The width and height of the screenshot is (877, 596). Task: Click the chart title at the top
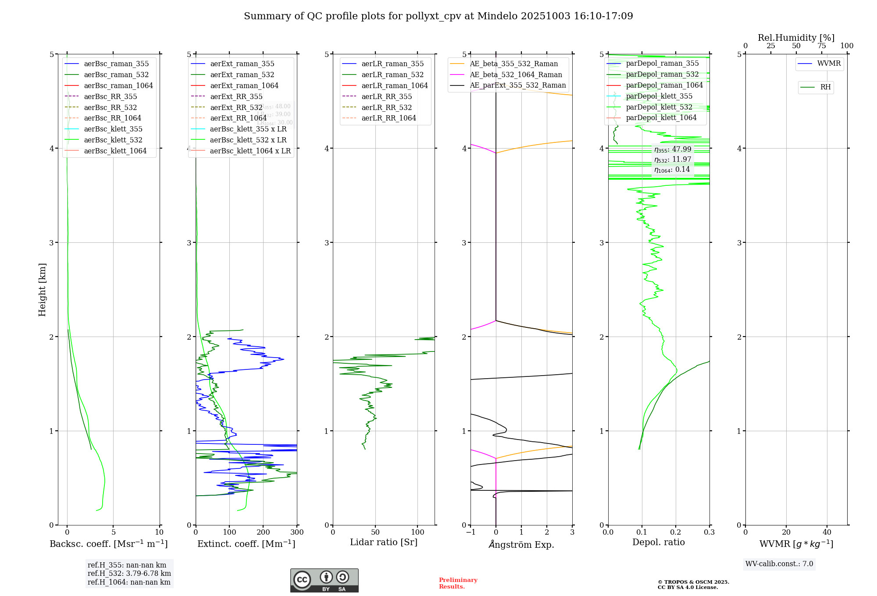point(438,16)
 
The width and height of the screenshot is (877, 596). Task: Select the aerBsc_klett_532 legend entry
point(113,140)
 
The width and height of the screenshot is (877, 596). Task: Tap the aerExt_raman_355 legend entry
point(242,64)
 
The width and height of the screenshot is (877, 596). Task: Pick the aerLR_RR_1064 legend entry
point(389,118)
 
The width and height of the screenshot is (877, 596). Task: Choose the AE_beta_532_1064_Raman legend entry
point(516,75)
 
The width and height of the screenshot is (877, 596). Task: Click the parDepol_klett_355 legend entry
point(659,96)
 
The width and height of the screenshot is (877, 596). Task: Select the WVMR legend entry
point(828,64)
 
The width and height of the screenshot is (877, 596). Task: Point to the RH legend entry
point(825,88)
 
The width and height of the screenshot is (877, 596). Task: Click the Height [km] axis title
point(42,290)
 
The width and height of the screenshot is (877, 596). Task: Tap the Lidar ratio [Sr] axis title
point(384,543)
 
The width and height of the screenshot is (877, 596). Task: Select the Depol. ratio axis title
point(658,543)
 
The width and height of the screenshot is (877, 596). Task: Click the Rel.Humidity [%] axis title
point(796,38)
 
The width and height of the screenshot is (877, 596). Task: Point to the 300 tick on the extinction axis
point(297,532)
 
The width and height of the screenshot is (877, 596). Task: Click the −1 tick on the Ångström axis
point(471,532)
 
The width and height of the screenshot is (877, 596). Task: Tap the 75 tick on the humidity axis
point(822,46)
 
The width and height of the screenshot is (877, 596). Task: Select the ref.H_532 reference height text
point(129,574)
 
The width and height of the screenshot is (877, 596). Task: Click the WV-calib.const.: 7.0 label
point(779,564)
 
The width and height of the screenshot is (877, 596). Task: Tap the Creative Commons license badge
point(324,581)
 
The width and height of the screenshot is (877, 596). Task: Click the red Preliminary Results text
point(458,583)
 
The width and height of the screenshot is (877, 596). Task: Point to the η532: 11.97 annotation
point(672,160)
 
